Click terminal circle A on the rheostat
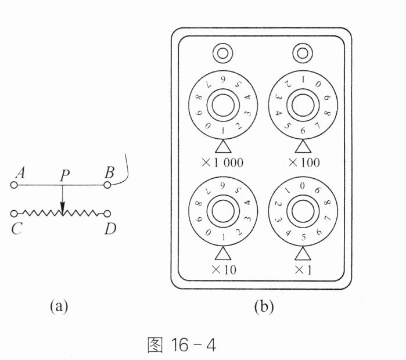click(14, 185)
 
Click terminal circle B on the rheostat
click(107, 185)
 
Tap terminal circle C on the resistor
click(14, 214)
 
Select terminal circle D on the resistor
click(107, 214)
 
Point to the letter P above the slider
click(64, 175)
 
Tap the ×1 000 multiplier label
click(222, 163)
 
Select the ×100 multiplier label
click(304, 163)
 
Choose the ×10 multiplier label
click(224, 270)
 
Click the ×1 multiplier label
click(303, 270)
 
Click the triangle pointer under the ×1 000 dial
click(223, 146)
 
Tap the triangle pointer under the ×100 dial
click(303, 146)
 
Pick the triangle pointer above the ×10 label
click(223, 253)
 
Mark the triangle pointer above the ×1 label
click(303, 253)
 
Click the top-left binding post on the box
click(222, 53)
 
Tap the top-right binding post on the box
click(303, 53)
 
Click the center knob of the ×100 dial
click(303, 105)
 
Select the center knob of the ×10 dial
click(223, 211)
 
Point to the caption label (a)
click(59, 306)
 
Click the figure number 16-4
click(193, 345)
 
